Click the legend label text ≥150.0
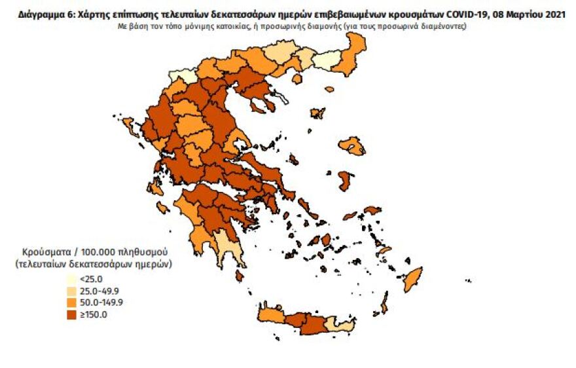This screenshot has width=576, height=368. [93, 314]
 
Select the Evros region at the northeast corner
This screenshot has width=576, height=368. [356, 48]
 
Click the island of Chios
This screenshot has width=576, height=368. [346, 181]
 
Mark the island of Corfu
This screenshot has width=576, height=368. [128, 124]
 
